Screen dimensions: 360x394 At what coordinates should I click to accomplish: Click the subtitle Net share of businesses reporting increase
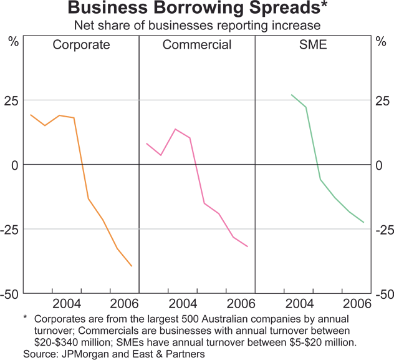(x=197, y=26)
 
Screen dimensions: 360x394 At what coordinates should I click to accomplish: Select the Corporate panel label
(x=81, y=45)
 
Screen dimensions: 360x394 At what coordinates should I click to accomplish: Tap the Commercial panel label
(x=197, y=45)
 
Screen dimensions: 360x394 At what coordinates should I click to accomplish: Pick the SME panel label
(x=312, y=45)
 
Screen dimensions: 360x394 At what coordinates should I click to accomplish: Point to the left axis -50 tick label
(x=12, y=294)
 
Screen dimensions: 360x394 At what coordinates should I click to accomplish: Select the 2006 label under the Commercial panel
(x=240, y=304)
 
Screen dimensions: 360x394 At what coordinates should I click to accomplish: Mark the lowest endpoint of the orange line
(x=132, y=266)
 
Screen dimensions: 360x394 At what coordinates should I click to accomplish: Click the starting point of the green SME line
(x=291, y=95)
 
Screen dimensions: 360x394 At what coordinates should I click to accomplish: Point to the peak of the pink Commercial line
(x=175, y=129)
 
